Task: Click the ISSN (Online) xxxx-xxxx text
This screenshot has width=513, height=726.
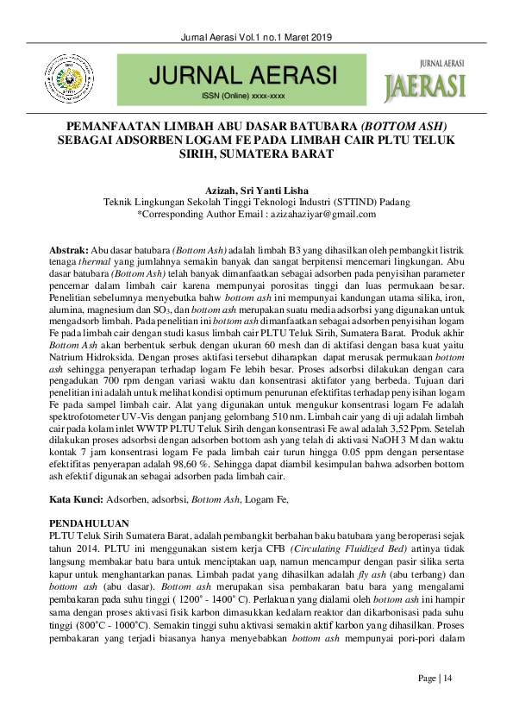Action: tap(243, 96)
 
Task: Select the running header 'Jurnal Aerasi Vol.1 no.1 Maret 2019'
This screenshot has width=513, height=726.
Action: tap(256, 37)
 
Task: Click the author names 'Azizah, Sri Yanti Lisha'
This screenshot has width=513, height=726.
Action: tap(256, 190)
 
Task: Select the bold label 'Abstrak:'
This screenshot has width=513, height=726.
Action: tap(68, 249)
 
